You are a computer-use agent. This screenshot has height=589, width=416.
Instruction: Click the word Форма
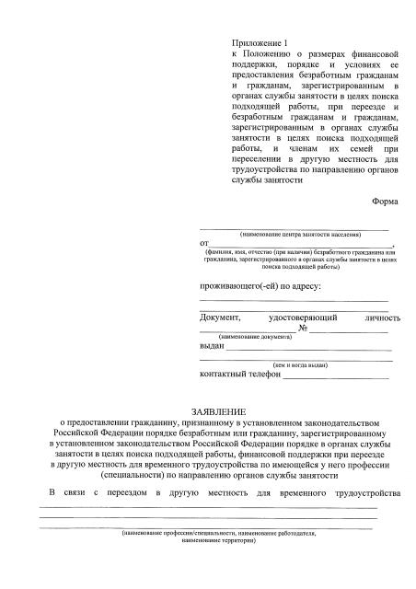pyautogui.click(x=387, y=201)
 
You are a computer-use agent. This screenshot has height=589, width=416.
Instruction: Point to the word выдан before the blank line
pyautogui.click(x=212, y=346)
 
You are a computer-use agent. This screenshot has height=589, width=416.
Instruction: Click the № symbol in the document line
pyautogui.click(x=302, y=329)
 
